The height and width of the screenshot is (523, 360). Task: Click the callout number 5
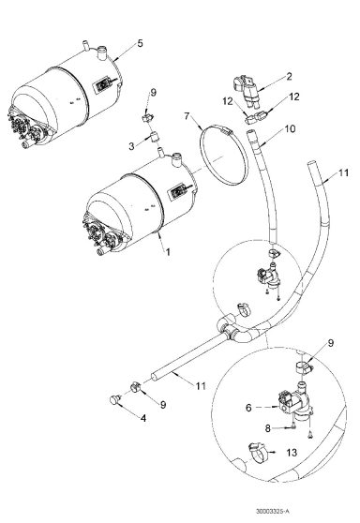tap(140, 43)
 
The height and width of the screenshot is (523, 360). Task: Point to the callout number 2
tap(290, 77)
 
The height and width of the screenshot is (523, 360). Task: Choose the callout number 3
tap(132, 146)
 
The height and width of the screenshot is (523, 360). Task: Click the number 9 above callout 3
tap(155, 94)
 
